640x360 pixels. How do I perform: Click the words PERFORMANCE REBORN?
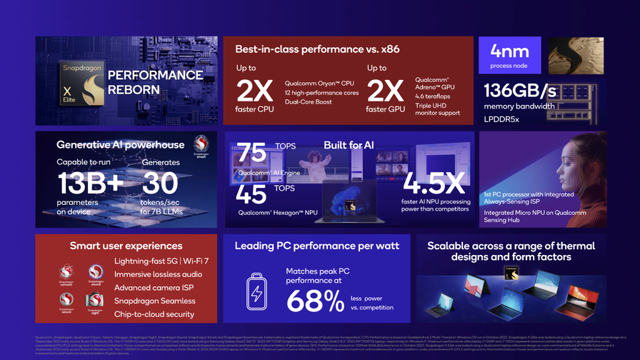(x=155, y=83)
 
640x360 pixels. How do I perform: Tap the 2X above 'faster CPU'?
(x=254, y=91)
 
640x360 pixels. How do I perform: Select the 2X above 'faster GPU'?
(x=385, y=91)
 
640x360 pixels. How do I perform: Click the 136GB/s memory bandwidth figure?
(x=519, y=91)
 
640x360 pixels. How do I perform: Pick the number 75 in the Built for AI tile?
(x=251, y=152)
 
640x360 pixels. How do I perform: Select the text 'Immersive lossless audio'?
(x=158, y=274)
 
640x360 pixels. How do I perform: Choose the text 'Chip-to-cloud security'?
(x=154, y=314)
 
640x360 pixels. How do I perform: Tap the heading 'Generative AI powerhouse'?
(x=120, y=145)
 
